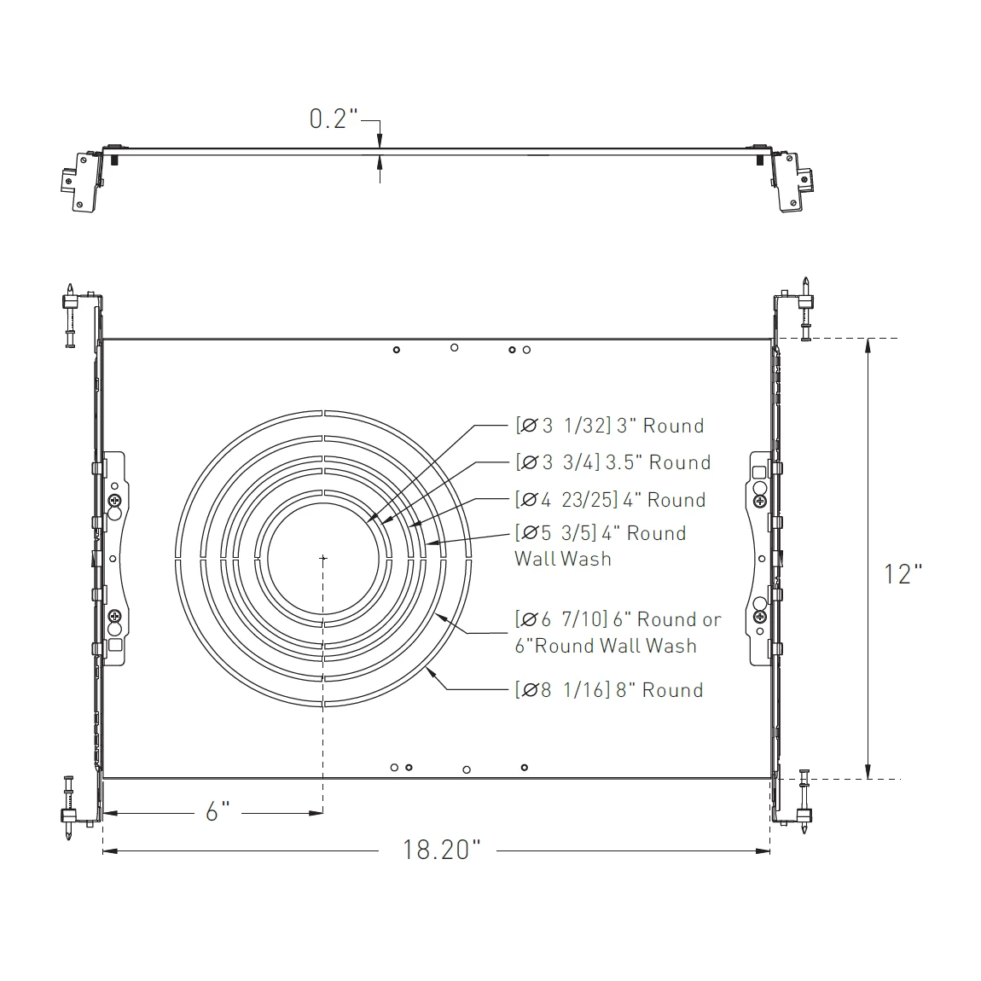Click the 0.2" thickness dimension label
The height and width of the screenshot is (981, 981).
334,119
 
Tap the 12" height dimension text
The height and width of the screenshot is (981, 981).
903,574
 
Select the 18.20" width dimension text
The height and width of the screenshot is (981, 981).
441,850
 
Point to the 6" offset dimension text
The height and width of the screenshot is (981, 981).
218,811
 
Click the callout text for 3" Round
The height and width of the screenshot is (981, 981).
610,426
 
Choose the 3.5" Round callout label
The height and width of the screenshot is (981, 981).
613,462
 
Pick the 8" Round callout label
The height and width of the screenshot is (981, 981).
609,690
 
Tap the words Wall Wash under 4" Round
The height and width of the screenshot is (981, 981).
563,559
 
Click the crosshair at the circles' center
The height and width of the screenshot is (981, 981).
322,557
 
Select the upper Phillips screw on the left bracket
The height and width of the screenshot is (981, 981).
114,500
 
